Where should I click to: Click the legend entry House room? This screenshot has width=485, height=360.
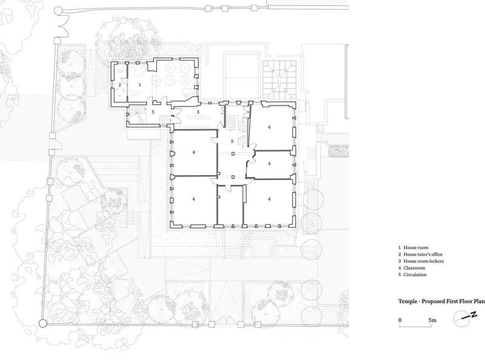(x=413, y=247)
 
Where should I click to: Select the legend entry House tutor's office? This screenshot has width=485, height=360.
(x=420, y=254)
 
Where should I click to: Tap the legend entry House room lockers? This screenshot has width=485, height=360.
(x=421, y=261)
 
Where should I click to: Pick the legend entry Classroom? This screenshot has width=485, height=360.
(x=412, y=268)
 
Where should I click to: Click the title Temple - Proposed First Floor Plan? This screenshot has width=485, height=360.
(x=441, y=301)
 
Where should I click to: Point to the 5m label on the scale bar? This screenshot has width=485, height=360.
(x=432, y=320)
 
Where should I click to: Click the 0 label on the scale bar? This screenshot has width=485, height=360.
(x=400, y=320)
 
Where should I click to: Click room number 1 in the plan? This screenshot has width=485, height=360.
(x=140, y=84)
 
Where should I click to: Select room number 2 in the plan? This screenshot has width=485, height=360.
(x=119, y=84)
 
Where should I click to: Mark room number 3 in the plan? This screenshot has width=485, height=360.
(x=198, y=112)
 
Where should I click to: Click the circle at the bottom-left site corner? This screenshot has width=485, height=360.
(x=42, y=324)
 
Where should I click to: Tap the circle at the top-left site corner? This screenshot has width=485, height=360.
(x=58, y=11)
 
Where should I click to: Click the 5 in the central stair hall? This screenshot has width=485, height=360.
(x=232, y=141)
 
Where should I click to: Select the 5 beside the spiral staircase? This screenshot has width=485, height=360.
(x=153, y=112)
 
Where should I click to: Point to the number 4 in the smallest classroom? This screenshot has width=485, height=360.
(x=269, y=164)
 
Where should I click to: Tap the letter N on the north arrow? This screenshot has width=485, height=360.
(x=473, y=315)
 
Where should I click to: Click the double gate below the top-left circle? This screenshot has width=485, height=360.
(x=64, y=25)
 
